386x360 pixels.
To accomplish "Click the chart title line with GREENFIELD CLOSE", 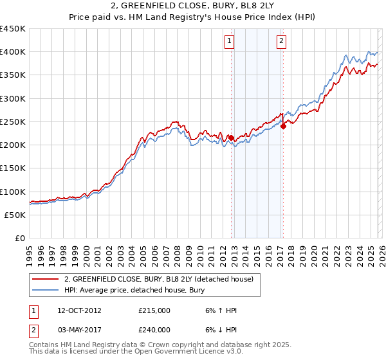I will point(192,6).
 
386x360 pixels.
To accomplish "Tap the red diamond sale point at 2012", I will point(231,138).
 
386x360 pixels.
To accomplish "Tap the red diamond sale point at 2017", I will point(283,126).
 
